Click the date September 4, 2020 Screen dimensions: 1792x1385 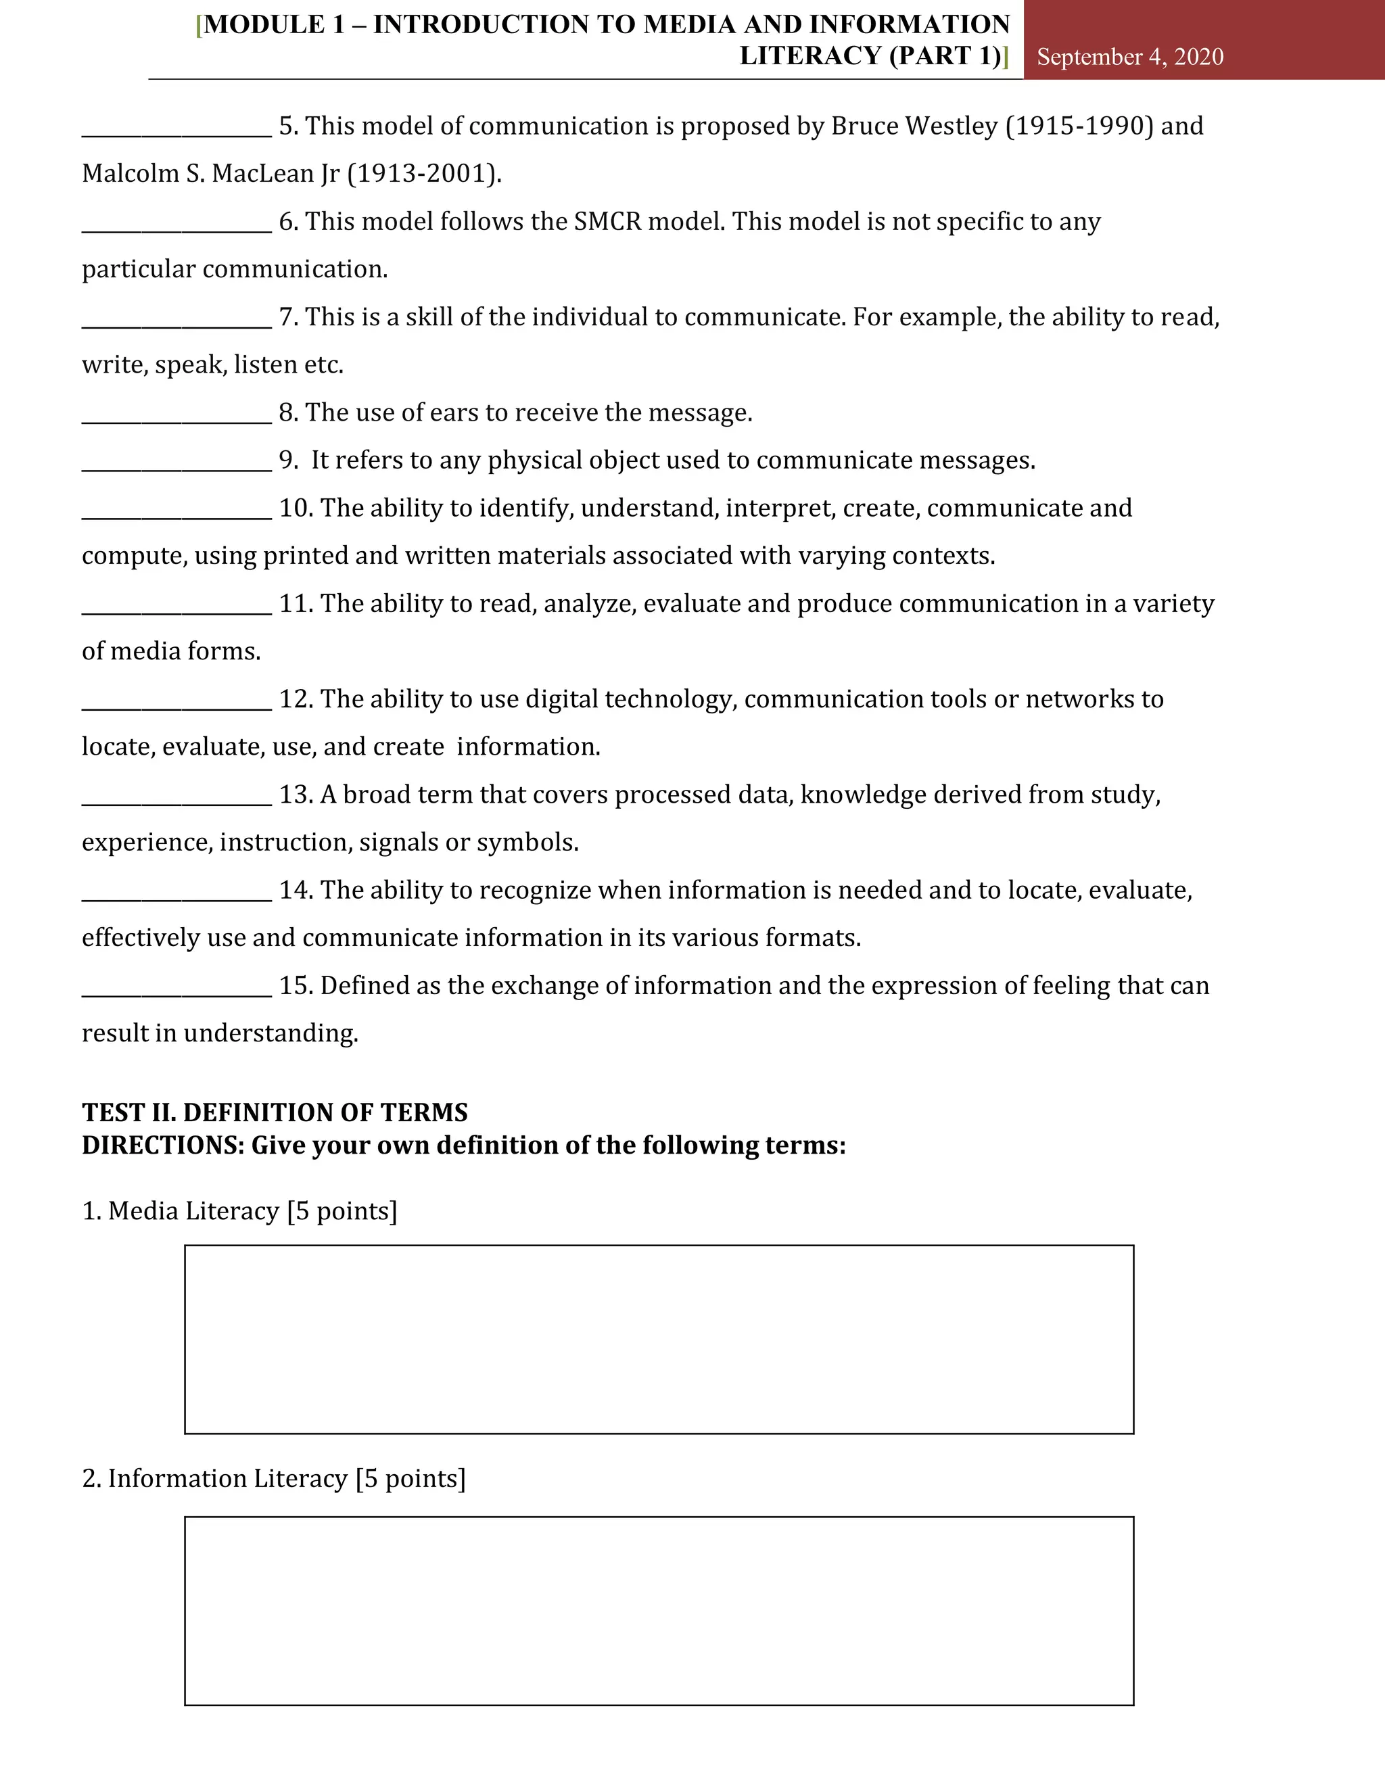(x=1130, y=57)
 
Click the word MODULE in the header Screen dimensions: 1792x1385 (x=263, y=24)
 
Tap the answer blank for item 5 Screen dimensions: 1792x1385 (x=177, y=128)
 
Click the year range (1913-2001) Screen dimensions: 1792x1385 (x=423, y=174)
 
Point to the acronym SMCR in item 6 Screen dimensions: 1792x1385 (x=607, y=222)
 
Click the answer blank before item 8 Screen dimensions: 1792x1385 (x=177, y=415)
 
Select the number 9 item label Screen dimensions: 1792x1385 (x=288, y=461)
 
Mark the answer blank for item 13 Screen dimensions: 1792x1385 (x=177, y=797)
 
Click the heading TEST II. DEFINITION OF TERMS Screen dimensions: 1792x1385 (x=275, y=1112)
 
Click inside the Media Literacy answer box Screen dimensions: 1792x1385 (x=659, y=1340)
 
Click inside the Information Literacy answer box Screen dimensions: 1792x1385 (x=659, y=1611)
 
